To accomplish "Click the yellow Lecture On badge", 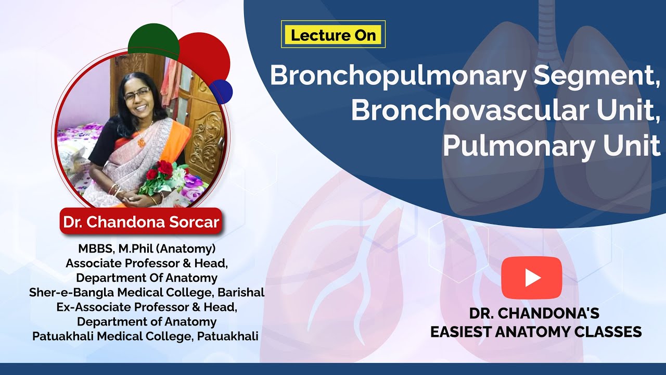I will [333, 35].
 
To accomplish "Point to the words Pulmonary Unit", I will [552, 146].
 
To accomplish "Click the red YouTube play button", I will [532, 278].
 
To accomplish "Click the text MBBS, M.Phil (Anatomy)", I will [147, 248].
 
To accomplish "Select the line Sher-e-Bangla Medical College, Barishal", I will [147, 292].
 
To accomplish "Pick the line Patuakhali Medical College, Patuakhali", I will [145, 336].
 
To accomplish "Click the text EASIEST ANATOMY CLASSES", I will [536, 332].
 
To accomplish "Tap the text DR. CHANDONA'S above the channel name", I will [534, 314].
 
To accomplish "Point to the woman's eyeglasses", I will [137, 94].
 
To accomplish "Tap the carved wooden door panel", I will [206, 141].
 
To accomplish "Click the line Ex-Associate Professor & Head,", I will [147, 307].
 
